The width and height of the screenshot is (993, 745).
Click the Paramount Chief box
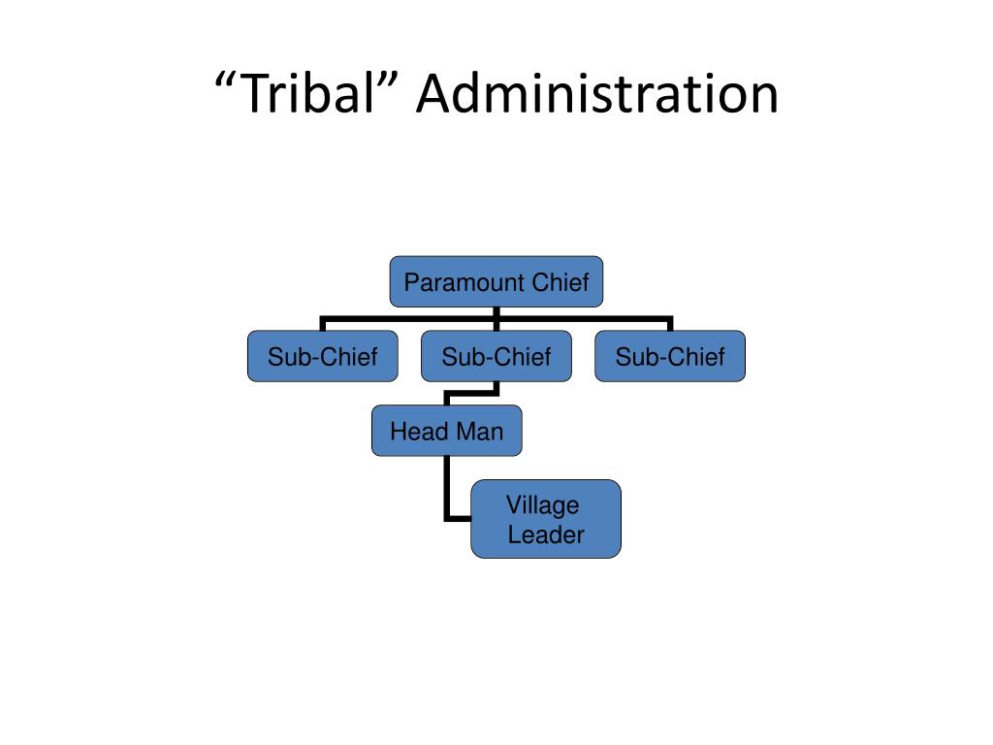(496, 282)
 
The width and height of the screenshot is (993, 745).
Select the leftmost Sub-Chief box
(322, 356)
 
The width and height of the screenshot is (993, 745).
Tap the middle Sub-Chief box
(496, 356)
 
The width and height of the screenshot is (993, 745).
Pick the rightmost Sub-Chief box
(670, 356)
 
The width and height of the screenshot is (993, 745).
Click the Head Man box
(446, 431)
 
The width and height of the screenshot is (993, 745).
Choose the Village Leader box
(546, 519)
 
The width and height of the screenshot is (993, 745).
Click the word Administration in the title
(597, 94)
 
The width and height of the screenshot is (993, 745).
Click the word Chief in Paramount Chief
(561, 282)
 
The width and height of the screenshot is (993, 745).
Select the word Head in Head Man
(419, 432)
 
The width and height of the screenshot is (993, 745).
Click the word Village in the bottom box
(543, 505)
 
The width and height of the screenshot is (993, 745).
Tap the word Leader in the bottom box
(546, 534)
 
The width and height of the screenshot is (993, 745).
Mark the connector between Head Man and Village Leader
(446, 501)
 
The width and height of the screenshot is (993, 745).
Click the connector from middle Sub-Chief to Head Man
(472, 394)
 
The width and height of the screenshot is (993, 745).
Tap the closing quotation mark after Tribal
(389, 81)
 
